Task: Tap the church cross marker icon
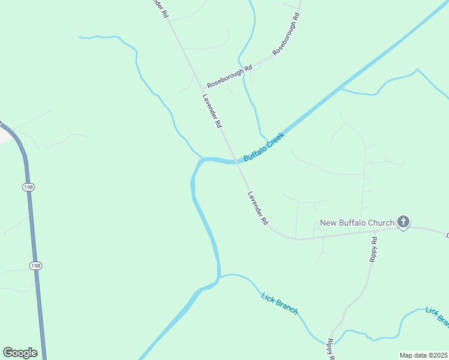pos(403,223)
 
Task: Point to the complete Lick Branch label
pos(280,302)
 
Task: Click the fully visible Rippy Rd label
pos(373,250)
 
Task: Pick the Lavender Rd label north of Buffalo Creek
pos(212,111)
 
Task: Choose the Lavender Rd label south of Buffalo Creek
pos(258,208)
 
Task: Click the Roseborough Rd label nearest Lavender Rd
pos(229,77)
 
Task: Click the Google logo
pos(20,353)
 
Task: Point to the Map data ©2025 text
pos(423,355)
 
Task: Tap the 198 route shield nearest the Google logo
pos(35,265)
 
